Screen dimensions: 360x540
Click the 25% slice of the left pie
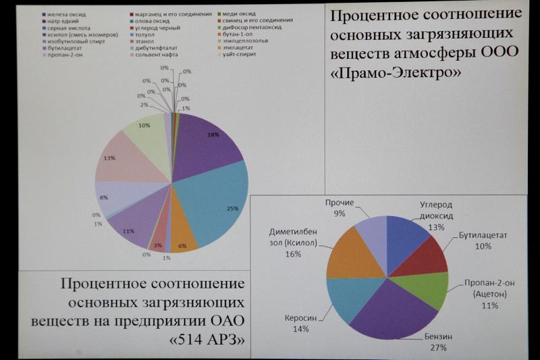215,203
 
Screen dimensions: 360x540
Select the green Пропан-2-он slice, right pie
426,288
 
